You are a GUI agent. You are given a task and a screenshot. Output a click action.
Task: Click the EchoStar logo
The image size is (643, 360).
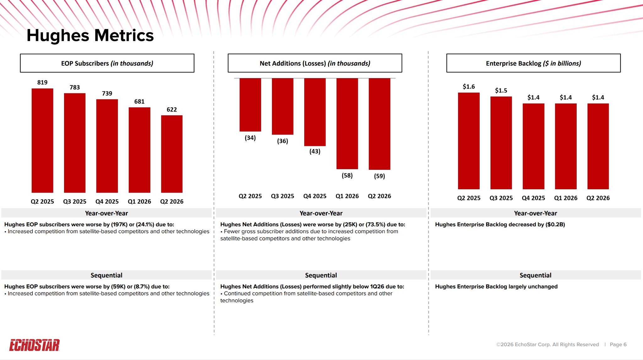(x=35, y=345)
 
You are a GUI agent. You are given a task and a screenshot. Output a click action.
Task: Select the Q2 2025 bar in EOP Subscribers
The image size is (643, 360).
(x=42, y=141)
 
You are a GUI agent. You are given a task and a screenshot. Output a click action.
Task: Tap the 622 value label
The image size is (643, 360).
(x=172, y=110)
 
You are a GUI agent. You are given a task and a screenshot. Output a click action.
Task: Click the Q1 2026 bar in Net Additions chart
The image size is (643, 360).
(x=347, y=124)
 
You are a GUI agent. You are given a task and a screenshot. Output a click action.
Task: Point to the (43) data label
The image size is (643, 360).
(x=315, y=151)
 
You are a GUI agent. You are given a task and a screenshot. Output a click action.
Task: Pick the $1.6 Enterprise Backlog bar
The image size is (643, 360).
(x=469, y=141)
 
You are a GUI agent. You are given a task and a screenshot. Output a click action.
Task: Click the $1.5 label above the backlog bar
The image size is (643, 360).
(x=501, y=90)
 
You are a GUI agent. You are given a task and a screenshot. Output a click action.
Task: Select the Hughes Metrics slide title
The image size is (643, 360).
(x=90, y=35)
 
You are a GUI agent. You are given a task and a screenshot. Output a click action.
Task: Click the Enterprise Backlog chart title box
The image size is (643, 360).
(x=533, y=63)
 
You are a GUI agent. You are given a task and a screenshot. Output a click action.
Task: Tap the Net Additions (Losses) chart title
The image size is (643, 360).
(x=315, y=63)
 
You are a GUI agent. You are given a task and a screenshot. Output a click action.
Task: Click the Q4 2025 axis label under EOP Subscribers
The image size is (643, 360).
(x=107, y=201)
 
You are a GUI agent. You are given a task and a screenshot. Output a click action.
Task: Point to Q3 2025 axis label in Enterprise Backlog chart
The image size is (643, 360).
(x=501, y=198)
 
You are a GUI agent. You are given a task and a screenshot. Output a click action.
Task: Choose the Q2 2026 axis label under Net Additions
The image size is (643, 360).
(x=380, y=196)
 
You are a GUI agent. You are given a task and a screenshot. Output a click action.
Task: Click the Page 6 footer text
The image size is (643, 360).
(x=618, y=344)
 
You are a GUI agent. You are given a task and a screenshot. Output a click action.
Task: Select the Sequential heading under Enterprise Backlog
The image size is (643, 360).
(x=536, y=275)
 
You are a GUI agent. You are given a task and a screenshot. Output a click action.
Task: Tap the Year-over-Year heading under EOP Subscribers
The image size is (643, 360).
(x=106, y=213)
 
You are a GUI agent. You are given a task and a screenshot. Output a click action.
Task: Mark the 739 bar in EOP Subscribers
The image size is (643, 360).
(x=107, y=146)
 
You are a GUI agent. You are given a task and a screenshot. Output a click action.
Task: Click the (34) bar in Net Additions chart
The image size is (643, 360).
(x=250, y=105)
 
